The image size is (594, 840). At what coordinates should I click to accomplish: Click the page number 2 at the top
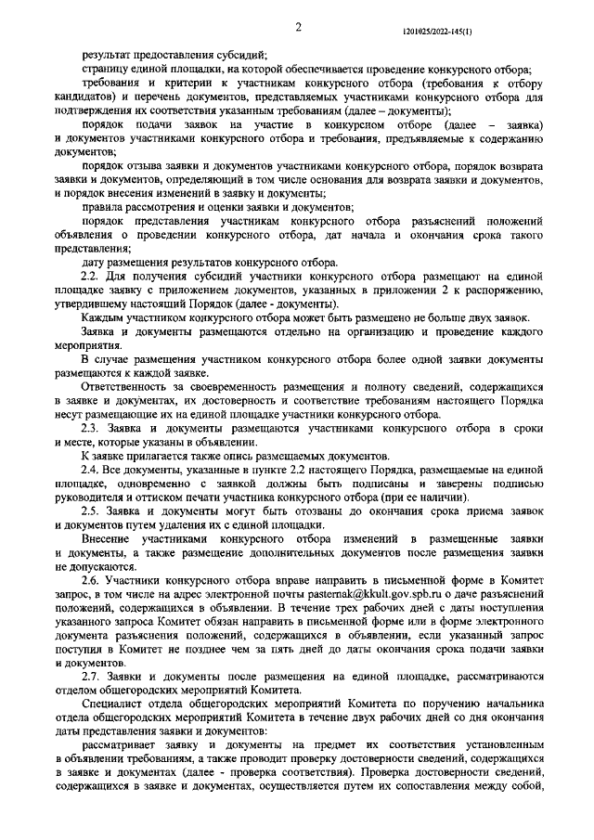[x=300, y=29]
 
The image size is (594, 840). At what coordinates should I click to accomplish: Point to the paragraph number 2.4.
[x=90, y=471]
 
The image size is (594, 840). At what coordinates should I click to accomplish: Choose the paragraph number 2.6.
[x=90, y=578]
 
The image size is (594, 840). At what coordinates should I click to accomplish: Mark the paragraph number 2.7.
[x=90, y=677]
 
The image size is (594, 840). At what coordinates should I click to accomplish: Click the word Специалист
[x=112, y=707]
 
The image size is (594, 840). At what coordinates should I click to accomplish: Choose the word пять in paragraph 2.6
[x=302, y=652]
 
